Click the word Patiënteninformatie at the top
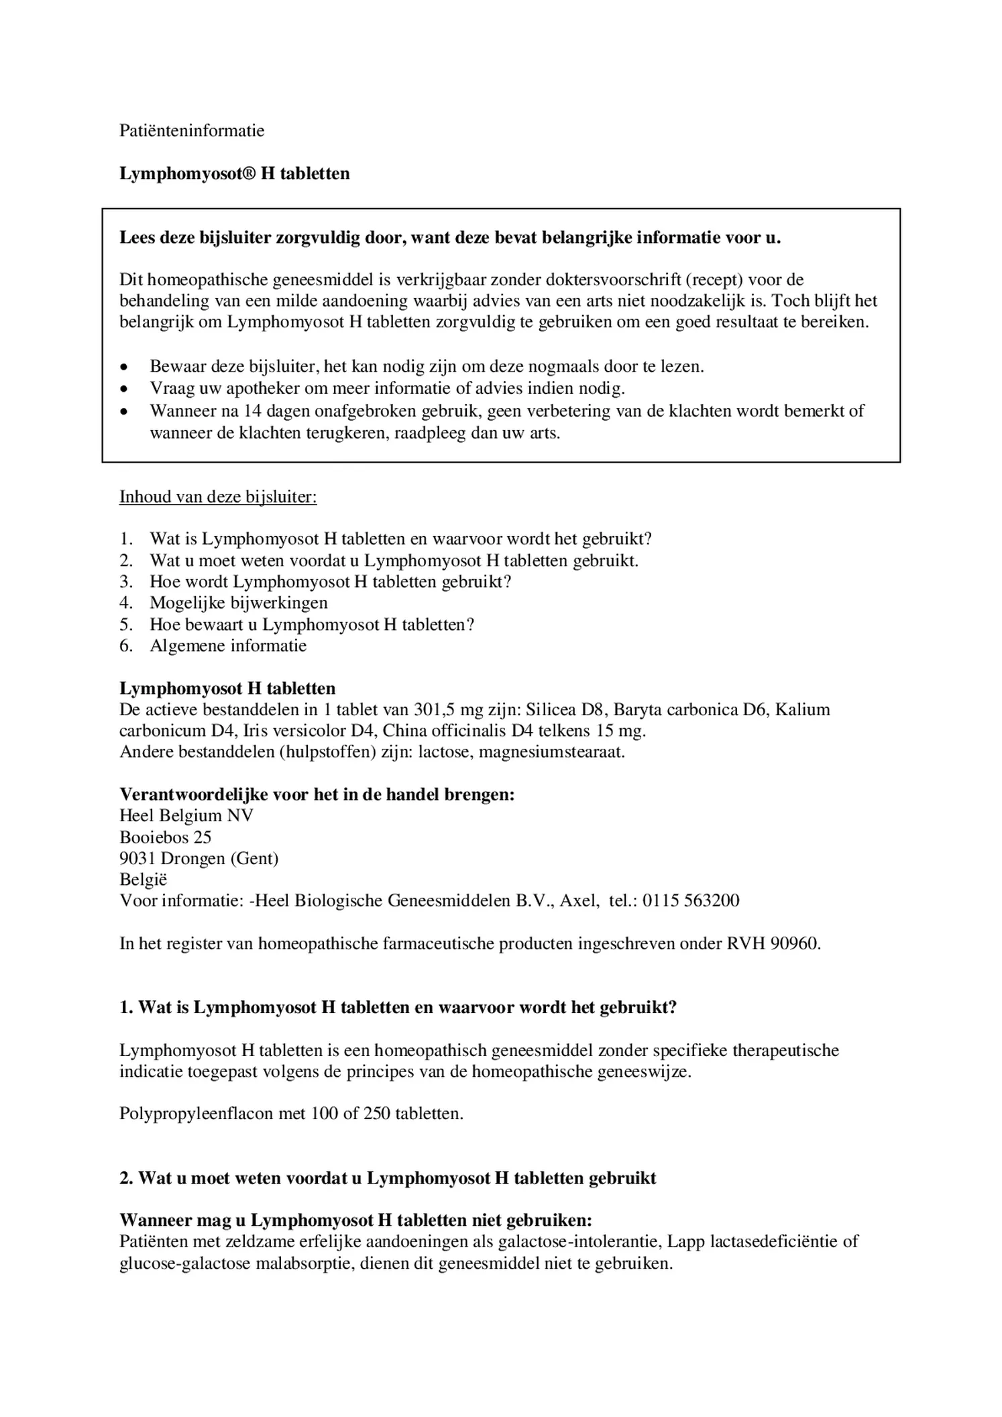(192, 131)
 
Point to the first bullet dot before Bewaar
(123, 368)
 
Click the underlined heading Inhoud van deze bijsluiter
(218, 496)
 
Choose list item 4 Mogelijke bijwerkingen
(238, 602)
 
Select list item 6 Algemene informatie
(228, 645)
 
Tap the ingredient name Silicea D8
(566, 709)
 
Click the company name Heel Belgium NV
(186, 815)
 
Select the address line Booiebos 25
(165, 837)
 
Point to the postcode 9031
(138, 858)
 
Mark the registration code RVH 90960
(773, 943)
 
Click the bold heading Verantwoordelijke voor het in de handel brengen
(317, 794)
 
